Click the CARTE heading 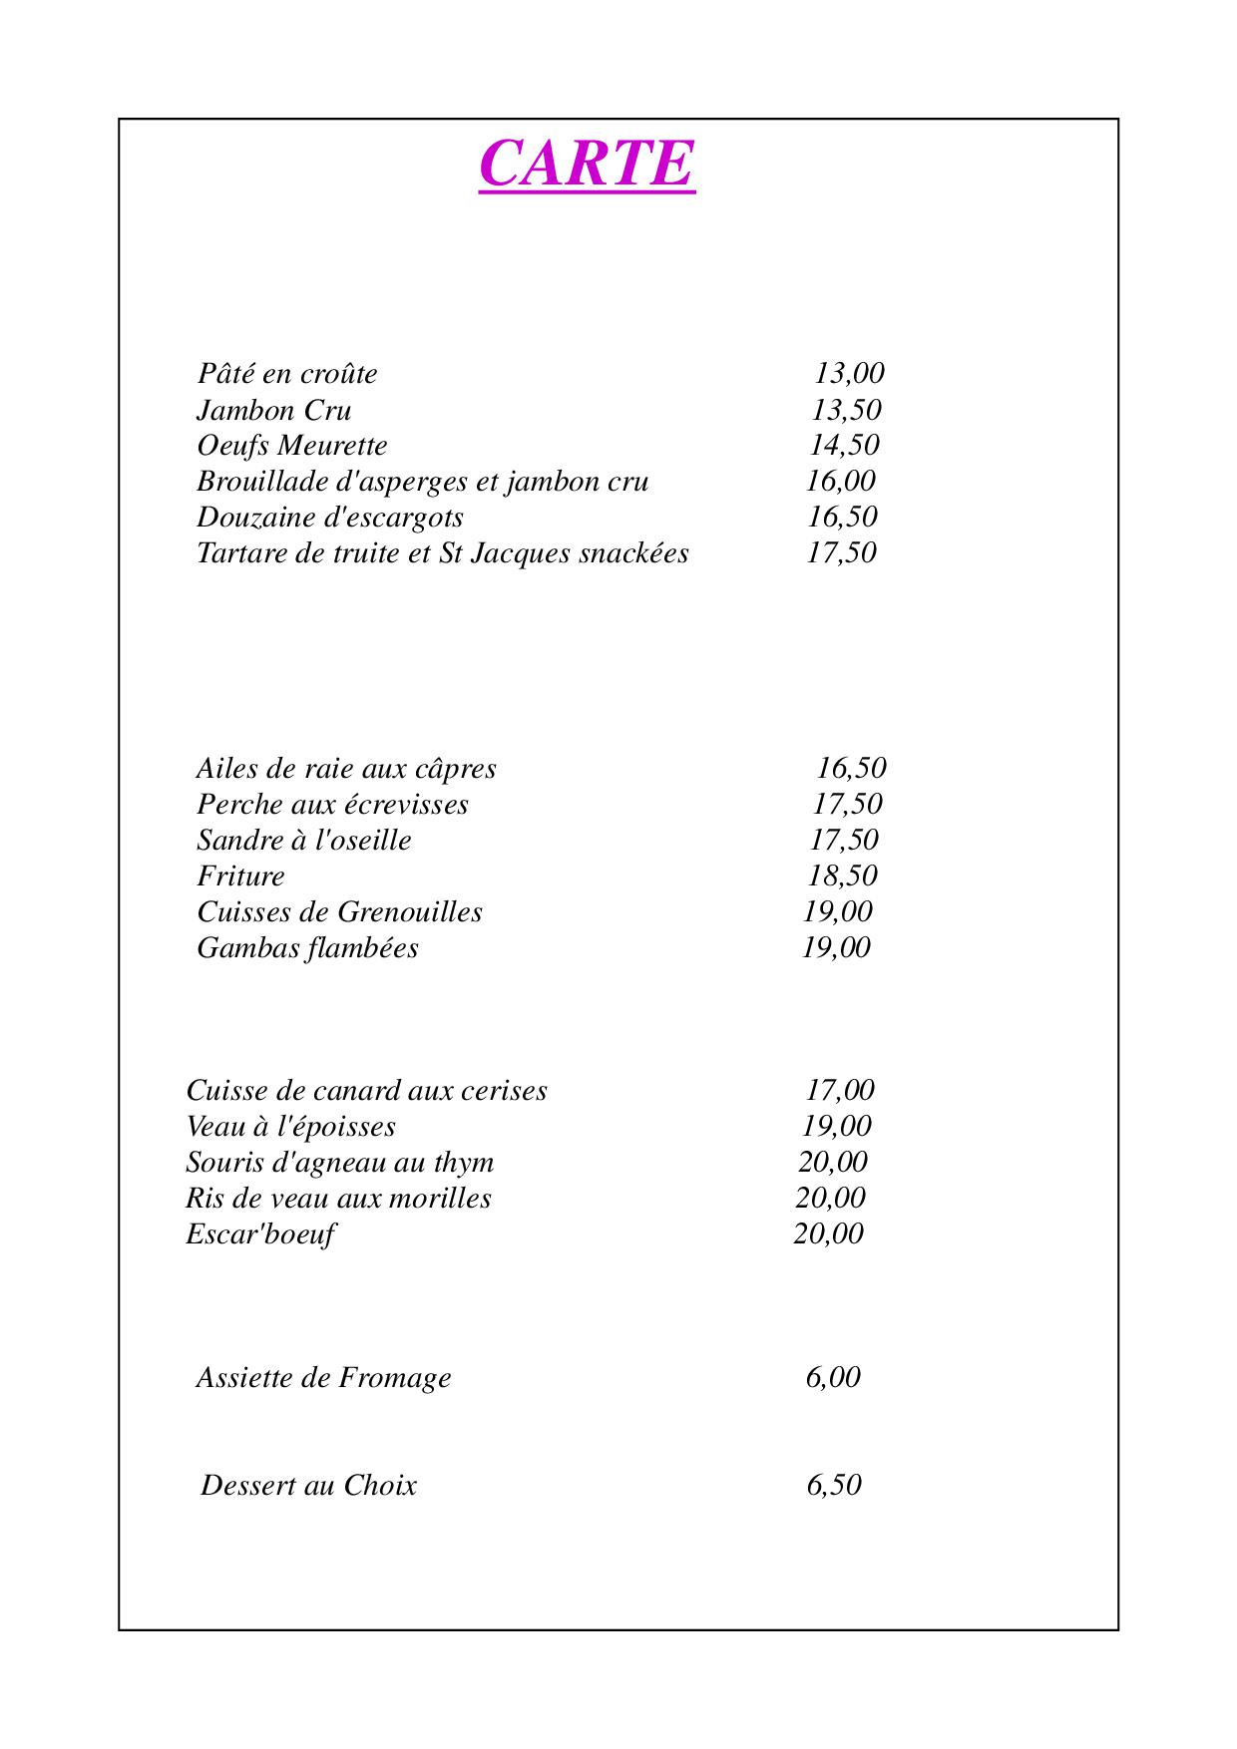click(587, 163)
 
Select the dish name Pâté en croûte click(287, 374)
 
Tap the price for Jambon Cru click(846, 410)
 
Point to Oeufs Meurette click(291, 446)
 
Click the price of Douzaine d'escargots click(842, 517)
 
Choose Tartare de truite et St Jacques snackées click(442, 552)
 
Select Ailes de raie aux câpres click(345, 769)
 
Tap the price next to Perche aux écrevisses click(847, 804)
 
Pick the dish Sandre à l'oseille click(303, 840)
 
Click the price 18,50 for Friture click(842, 875)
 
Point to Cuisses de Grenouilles click(339, 911)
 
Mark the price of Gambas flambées click(836, 947)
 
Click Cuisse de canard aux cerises click(366, 1090)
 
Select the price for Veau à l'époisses click(837, 1126)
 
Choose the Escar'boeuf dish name click(259, 1234)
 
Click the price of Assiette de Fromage click(833, 1377)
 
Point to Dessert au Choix click(308, 1485)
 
